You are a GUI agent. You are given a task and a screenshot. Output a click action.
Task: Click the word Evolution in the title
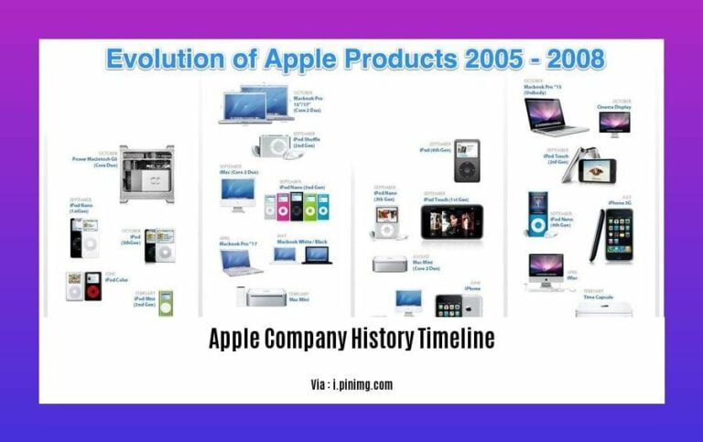coord(159,60)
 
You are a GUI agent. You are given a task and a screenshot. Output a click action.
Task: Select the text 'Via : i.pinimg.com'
coord(351,384)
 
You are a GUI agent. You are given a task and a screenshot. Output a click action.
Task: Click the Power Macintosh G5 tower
coord(146,173)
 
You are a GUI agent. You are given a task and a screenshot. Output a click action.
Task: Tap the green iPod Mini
coord(166,303)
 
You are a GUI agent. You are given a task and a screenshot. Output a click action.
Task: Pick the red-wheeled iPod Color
coord(92,286)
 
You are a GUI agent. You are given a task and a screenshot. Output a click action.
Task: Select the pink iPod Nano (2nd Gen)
coord(283,207)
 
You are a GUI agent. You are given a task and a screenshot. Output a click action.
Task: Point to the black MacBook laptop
coord(317,254)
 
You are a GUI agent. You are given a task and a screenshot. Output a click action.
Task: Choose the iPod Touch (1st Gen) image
coord(451,222)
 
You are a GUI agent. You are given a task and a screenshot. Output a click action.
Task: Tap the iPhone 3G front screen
coord(619,233)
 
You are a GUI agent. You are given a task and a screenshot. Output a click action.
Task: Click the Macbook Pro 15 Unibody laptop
coord(554,116)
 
